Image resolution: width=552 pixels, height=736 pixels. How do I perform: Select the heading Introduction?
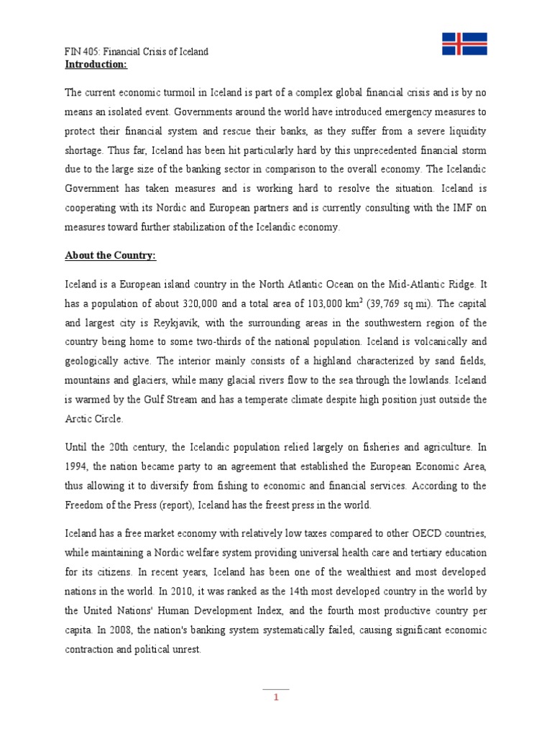(96, 64)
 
